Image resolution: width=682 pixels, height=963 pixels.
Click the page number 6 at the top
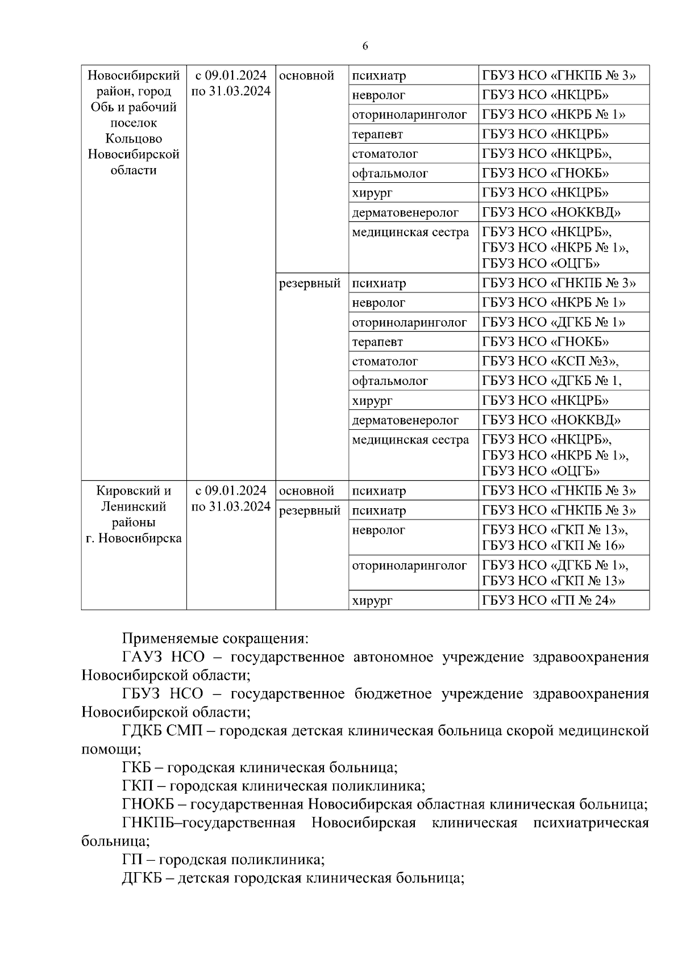365,47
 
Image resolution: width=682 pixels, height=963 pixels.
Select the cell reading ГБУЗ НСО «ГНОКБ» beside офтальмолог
545,174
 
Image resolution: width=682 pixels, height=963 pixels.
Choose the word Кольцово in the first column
134,139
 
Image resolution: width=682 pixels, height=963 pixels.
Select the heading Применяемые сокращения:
215,639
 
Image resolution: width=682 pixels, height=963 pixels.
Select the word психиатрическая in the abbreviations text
590,823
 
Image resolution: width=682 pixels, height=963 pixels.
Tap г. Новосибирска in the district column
134,538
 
